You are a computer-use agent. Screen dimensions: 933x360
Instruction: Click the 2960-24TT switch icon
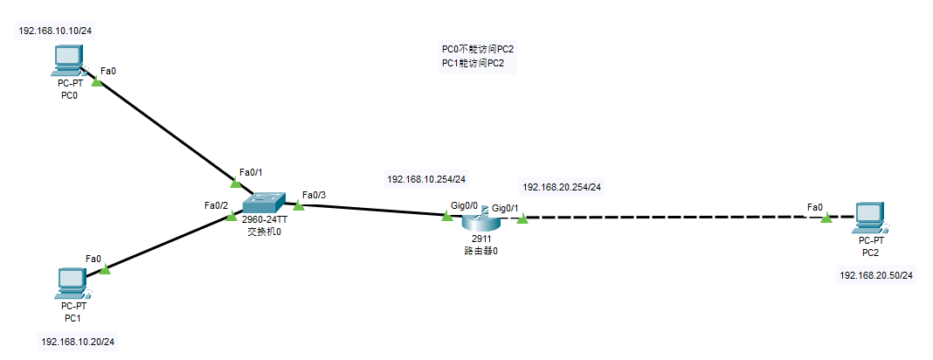pyautogui.click(x=263, y=202)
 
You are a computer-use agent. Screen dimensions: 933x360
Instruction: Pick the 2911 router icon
pyautogui.click(x=479, y=219)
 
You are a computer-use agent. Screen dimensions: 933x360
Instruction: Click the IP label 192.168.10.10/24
pyautogui.click(x=56, y=31)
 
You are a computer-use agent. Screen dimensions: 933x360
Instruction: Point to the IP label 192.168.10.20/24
pyautogui.click(x=78, y=342)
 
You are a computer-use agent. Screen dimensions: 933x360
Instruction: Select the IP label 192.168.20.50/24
pyautogui.click(x=876, y=275)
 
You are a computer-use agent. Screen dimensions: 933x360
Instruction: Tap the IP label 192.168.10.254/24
pyautogui.click(x=426, y=179)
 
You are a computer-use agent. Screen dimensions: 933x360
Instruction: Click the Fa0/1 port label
pyautogui.click(x=250, y=172)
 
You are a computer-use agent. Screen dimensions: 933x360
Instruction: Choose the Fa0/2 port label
pyautogui.click(x=216, y=205)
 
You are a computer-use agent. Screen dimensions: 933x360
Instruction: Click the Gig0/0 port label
pyautogui.click(x=464, y=205)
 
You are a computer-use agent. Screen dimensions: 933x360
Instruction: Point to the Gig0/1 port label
pyautogui.click(x=505, y=208)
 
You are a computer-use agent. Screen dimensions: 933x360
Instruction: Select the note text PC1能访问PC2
pyautogui.click(x=473, y=64)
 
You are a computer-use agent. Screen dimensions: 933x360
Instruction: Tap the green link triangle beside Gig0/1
pyautogui.click(x=522, y=218)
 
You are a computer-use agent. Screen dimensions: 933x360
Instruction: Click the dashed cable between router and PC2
pyautogui.click(x=673, y=217)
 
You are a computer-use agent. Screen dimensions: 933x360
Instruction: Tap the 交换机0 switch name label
pyautogui.click(x=263, y=232)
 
